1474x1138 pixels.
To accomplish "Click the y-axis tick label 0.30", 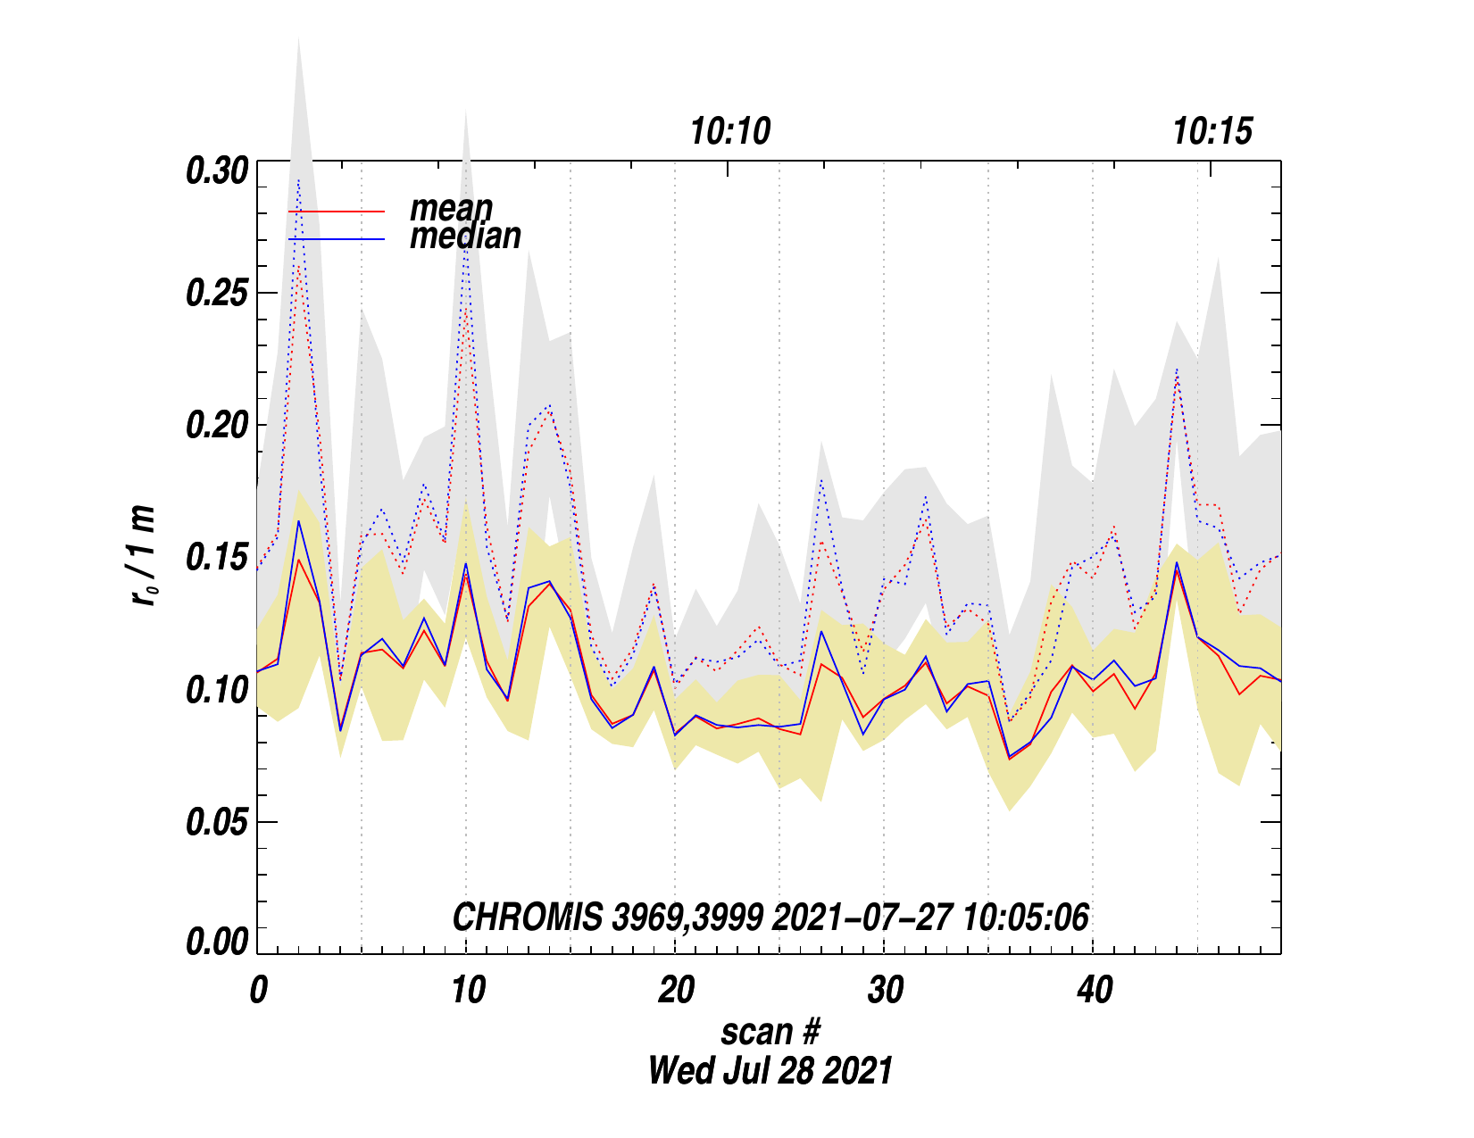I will coord(216,170).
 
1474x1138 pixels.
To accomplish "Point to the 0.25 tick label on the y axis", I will coord(216,294).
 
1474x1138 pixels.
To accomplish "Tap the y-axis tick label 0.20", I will coord(216,426).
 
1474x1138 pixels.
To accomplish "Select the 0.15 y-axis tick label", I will coord(216,558).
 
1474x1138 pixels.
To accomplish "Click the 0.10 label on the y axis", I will coord(216,690).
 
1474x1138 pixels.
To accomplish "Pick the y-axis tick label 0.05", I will coord(216,822).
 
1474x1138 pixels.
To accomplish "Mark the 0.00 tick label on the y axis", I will coord(216,942).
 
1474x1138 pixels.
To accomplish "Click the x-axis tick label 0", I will coord(258,991).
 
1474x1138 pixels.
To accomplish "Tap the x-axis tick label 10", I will coord(467,991).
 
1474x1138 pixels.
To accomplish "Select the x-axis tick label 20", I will coord(676,991).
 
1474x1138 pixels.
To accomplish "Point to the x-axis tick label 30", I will coord(885,991).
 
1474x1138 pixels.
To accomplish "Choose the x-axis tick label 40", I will coord(1095,991).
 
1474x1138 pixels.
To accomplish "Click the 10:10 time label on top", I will coord(729,132).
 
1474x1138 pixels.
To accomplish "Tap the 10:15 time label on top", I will coord(1212,132).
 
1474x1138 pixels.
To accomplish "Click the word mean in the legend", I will coord(451,209).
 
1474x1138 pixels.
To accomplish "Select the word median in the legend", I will coord(465,237).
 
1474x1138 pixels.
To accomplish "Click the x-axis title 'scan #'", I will coord(770,1033).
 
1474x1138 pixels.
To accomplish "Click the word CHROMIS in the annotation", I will coord(528,918).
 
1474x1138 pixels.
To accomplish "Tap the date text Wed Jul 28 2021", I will coord(770,1070).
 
